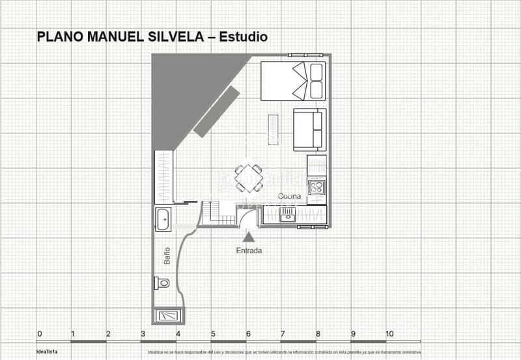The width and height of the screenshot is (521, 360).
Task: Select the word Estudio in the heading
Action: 243,37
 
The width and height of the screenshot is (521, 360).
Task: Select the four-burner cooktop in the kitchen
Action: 317,187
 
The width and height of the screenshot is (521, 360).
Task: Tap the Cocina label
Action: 290,197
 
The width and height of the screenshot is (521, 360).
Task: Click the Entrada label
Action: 249,251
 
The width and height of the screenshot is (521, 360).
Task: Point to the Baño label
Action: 167,255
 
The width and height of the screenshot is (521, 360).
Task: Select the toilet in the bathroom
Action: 162,283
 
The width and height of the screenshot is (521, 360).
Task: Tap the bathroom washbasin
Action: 163,219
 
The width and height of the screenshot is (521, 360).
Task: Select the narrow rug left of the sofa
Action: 273,129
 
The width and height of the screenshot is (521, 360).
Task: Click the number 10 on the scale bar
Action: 389,334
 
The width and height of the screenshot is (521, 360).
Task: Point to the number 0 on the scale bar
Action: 40,334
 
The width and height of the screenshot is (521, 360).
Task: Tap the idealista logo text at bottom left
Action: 47,352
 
